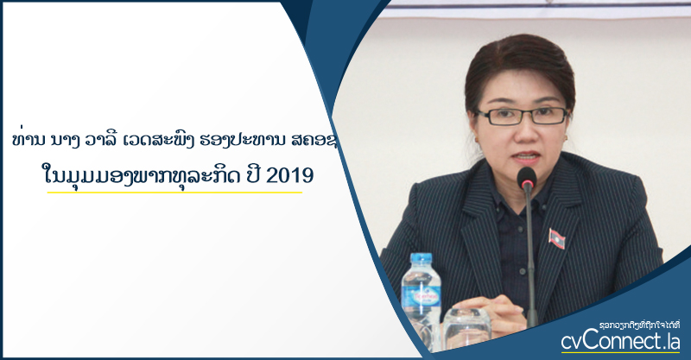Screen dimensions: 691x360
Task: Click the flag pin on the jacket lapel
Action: (556, 238)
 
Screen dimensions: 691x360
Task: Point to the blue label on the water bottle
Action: (421, 299)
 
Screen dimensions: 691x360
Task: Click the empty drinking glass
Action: (466, 329)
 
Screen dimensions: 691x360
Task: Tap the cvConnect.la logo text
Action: (620, 342)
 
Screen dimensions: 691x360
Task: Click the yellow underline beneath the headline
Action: (174, 193)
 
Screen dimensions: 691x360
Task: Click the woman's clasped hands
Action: (490, 308)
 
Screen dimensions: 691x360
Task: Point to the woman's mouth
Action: (527, 157)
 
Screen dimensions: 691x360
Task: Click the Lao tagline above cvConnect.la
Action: (640, 325)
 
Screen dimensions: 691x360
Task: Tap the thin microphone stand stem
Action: (530, 256)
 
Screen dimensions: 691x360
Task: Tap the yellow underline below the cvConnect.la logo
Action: (620, 352)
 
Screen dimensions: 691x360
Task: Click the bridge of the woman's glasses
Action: (523, 114)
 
